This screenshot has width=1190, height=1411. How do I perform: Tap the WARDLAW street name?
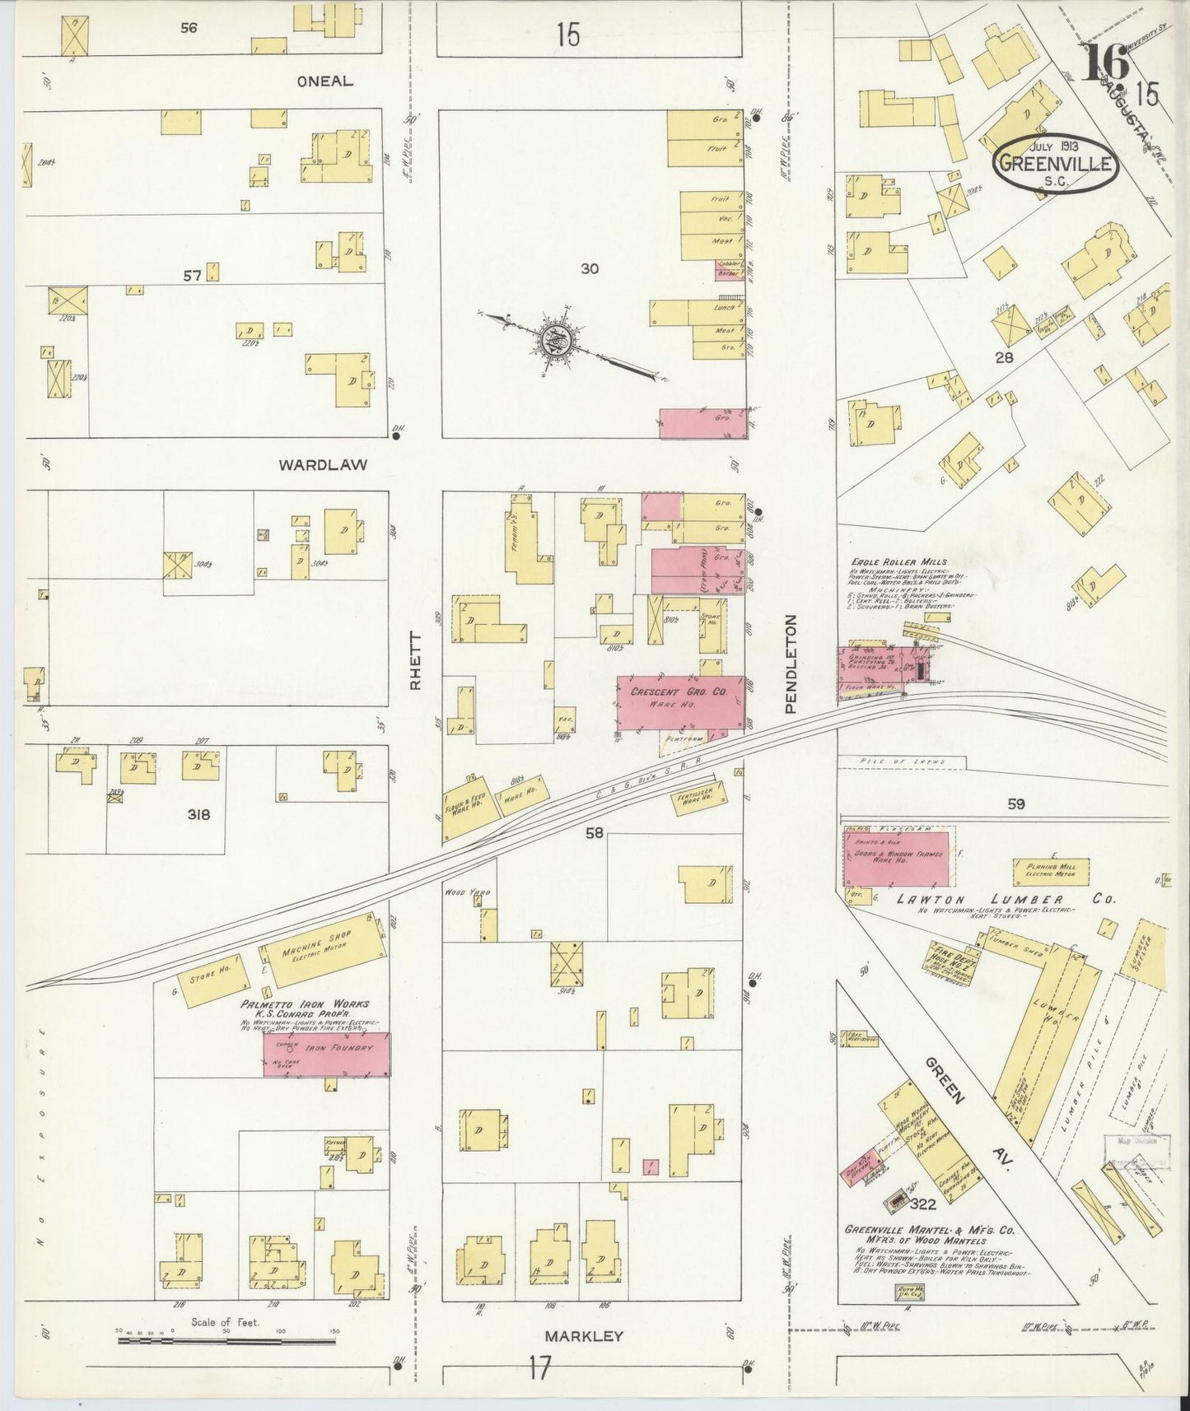tap(322, 464)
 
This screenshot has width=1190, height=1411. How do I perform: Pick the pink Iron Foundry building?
tap(327, 1054)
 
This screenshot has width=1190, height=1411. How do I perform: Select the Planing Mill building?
tap(1051, 872)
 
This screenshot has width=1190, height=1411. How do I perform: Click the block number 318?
tap(198, 814)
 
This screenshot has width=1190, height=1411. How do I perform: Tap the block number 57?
tap(192, 276)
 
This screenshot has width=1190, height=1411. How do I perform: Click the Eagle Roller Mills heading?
tap(898, 561)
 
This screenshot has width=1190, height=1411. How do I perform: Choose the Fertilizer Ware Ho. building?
tap(700, 797)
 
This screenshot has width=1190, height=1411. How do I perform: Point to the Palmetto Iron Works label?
tap(305, 1004)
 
